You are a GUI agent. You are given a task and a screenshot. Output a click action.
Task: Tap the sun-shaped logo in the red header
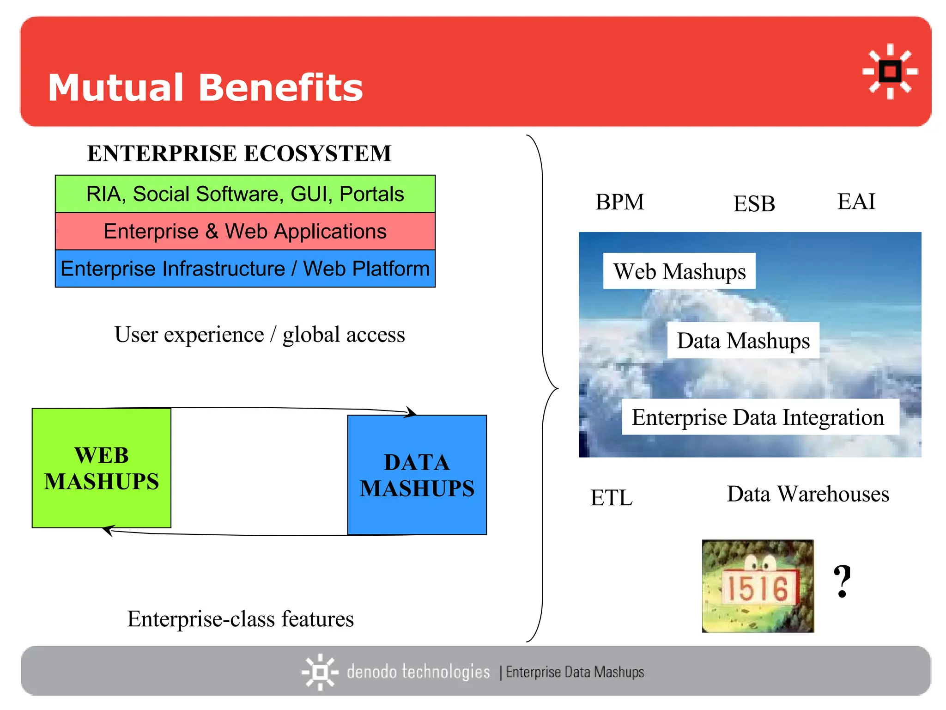click(x=890, y=72)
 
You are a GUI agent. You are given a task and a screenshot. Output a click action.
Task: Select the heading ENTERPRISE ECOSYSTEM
click(x=239, y=153)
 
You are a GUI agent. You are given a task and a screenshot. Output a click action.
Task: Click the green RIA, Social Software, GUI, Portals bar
click(x=245, y=194)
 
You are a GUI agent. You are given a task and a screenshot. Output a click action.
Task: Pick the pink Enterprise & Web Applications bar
click(x=245, y=231)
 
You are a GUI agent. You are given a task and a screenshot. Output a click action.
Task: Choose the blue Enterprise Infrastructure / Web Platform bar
click(x=245, y=269)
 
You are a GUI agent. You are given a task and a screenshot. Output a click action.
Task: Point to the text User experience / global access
click(x=260, y=334)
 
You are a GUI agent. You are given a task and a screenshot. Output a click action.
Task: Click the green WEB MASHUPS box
click(x=102, y=468)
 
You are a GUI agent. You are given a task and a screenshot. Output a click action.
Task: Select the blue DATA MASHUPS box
click(x=417, y=475)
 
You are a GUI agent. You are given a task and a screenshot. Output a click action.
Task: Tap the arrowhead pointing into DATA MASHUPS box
click(x=411, y=412)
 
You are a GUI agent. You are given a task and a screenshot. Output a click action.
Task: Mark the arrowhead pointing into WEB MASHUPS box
click(x=108, y=530)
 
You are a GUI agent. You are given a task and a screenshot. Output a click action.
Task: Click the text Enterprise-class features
click(x=240, y=618)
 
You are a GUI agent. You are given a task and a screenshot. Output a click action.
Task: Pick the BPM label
click(x=619, y=202)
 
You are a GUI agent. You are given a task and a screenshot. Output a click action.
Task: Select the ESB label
click(x=754, y=204)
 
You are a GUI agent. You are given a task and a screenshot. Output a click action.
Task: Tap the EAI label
click(x=856, y=202)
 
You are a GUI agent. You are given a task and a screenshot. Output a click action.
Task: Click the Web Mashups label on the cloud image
click(x=679, y=271)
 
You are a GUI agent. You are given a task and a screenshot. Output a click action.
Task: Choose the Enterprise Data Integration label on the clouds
click(x=758, y=417)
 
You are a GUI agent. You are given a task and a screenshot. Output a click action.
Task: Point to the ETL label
click(x=611, y=498)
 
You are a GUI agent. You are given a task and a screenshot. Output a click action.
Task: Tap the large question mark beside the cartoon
click(x=842, y=581)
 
